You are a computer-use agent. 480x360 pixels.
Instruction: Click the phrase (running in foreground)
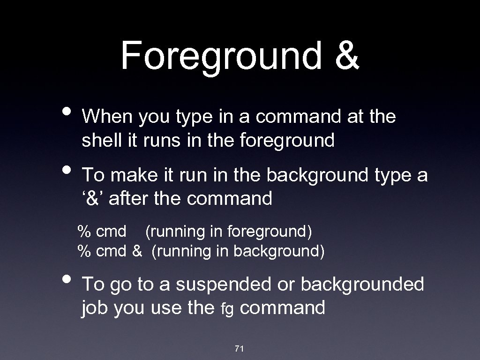(x=229, y=231)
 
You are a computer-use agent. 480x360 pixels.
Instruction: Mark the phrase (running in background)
(x=238, y=251)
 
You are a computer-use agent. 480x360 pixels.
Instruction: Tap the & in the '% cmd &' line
(x=136, y=251)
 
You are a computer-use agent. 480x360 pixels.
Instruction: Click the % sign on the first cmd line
(x=84, y=231)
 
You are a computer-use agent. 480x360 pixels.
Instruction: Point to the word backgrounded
(x=362, y=285)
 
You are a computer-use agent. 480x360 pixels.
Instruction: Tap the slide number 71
(x=240, y=348)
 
